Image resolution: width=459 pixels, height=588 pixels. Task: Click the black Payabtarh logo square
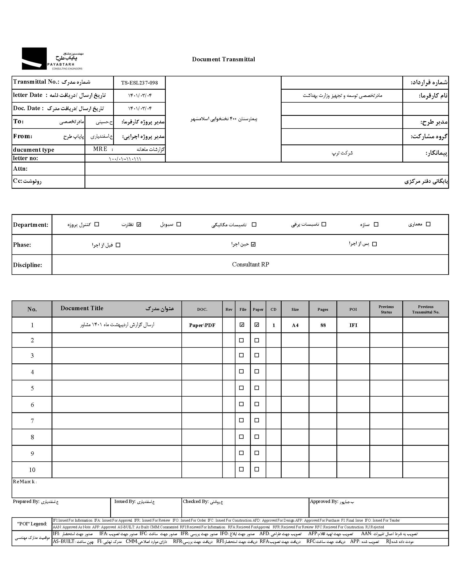point(34,59)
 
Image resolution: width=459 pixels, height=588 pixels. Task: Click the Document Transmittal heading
point(223,59)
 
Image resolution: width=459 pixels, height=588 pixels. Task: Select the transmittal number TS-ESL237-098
point(139,83)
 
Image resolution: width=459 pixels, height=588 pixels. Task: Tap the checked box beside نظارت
point(139,224)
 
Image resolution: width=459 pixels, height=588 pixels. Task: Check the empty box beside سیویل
point(179,224)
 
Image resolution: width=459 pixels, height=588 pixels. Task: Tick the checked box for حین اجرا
point(253,244)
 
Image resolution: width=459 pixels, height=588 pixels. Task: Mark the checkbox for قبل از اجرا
point(118,245)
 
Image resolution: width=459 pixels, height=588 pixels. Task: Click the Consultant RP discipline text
point(250,265)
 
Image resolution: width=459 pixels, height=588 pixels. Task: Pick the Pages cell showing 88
point(323,325)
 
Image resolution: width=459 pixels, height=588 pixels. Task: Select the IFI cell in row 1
point(353,325)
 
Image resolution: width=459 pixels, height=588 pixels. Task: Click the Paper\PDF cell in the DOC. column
point(202,325)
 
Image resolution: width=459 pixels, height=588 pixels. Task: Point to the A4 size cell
point(295,325)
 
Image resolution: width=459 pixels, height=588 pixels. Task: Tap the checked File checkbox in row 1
point(242,325)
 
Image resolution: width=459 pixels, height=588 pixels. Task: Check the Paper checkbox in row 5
point(257,388)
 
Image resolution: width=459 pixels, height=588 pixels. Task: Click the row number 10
point(32,470)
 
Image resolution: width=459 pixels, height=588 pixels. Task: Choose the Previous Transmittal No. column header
point(426,309)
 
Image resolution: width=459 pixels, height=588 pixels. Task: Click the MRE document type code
point(100,149)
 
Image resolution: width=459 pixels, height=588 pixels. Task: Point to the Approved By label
point(324,501)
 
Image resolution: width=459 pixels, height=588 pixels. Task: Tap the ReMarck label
point(24,482)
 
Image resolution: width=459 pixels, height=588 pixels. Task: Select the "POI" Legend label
point(32,524)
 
